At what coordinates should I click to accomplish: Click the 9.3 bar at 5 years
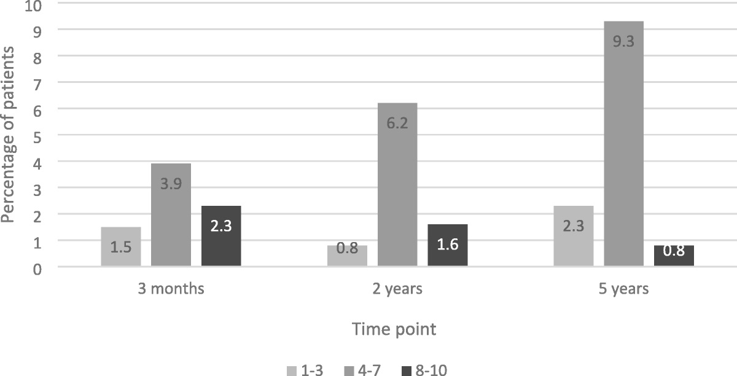(623, 144)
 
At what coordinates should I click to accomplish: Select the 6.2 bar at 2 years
(397, 184)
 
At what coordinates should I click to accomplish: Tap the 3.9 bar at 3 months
(171, 215)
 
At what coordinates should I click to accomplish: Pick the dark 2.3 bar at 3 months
(221, 236)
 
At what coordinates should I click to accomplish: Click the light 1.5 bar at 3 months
(121, 246)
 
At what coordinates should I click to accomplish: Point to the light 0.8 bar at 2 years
(347, 256)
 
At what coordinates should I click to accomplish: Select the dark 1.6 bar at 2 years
(448, 245)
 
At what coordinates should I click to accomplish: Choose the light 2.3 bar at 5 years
(573, 236)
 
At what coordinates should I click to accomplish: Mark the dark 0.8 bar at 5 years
(674, 256)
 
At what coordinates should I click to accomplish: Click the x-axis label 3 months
(171, 289)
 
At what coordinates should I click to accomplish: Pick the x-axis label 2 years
(397, 289)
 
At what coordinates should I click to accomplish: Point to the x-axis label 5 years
(623, 289)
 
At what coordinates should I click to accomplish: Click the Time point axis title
(394, 329)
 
